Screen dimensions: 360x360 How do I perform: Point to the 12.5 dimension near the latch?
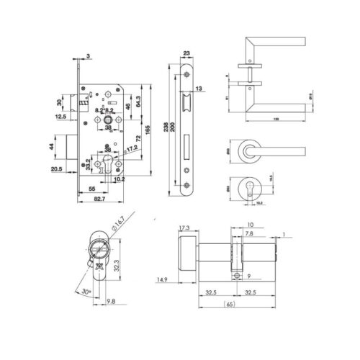click(60, 116)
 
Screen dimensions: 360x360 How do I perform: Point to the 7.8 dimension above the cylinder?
click(248, 234)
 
